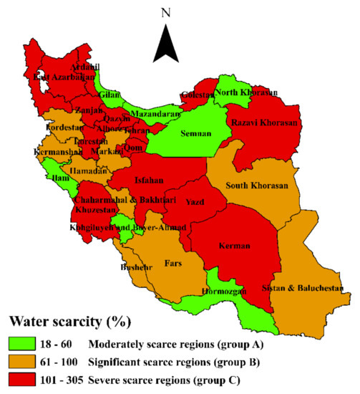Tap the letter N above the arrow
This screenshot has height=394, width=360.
(x=166, y=12)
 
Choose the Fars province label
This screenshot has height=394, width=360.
(x=173, y=264)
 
